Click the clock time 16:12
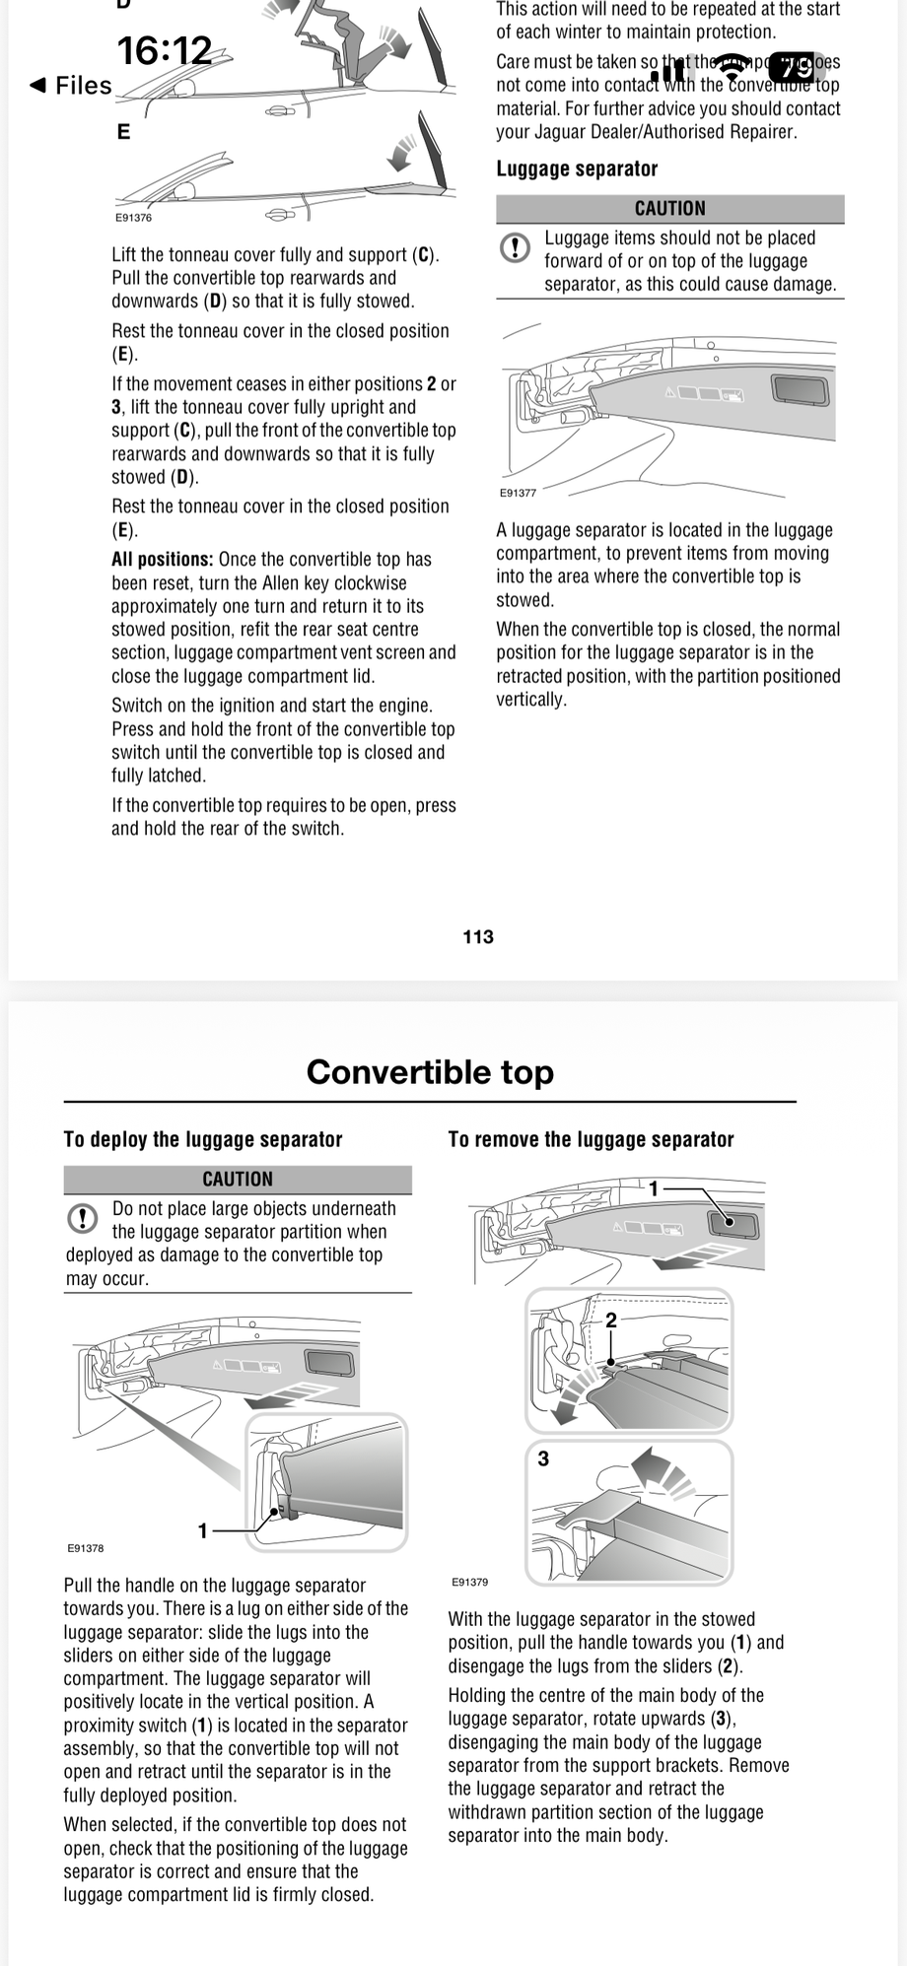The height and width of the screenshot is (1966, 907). click(x=165, y=50)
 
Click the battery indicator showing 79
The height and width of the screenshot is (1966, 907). click(x=796, y=67)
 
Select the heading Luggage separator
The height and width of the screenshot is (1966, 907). click(x=577, y=169)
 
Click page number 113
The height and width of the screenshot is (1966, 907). click(x=478, y=936)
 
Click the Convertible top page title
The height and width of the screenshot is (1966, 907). click(x=430, y=1071)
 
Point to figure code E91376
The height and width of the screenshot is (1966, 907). click(x=133, y=218)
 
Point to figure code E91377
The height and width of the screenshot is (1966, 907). click(x=518, y=493)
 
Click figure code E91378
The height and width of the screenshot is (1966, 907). click(x=86, y=1548)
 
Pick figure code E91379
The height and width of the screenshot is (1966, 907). click(x=469, y=1582)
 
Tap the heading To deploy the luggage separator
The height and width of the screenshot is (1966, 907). click(x=203, y=1139)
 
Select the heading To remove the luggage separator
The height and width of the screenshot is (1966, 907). click(x=591, y=1139)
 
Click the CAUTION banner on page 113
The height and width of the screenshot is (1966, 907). click(x=669, y=209)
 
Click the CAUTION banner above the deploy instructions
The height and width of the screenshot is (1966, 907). click(x=238, y=1179)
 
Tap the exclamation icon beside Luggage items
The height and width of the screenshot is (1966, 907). click(x=515, y=247)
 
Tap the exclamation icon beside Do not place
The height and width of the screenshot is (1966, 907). click(x=82, y=1219)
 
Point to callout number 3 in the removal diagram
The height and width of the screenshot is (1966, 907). click(x=543, y=1458)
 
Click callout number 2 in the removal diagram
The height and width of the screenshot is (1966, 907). click(x=610, y=1320)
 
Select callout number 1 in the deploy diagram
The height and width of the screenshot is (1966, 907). click(x=203, y=1530)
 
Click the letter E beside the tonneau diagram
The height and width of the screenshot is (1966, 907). click(x=123, y=132)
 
